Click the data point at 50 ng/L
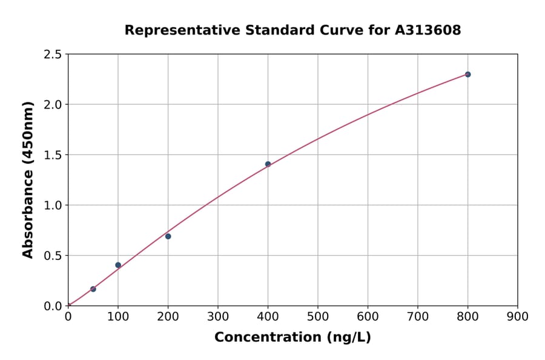(93, 289)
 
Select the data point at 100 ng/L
(118, 265)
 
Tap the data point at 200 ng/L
(168, 236)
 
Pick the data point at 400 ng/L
(268, 164)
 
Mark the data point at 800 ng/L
(467, 75)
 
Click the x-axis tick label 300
(218, 316)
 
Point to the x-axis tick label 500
(318, 316)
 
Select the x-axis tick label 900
(518, 316)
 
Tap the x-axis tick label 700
(418, 316)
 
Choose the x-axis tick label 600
(368, 316)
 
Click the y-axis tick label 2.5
(53, 55)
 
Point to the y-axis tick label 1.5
(53, 155)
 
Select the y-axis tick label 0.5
(53, 256)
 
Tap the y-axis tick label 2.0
(53, 105)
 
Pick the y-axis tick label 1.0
(53, 205)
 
